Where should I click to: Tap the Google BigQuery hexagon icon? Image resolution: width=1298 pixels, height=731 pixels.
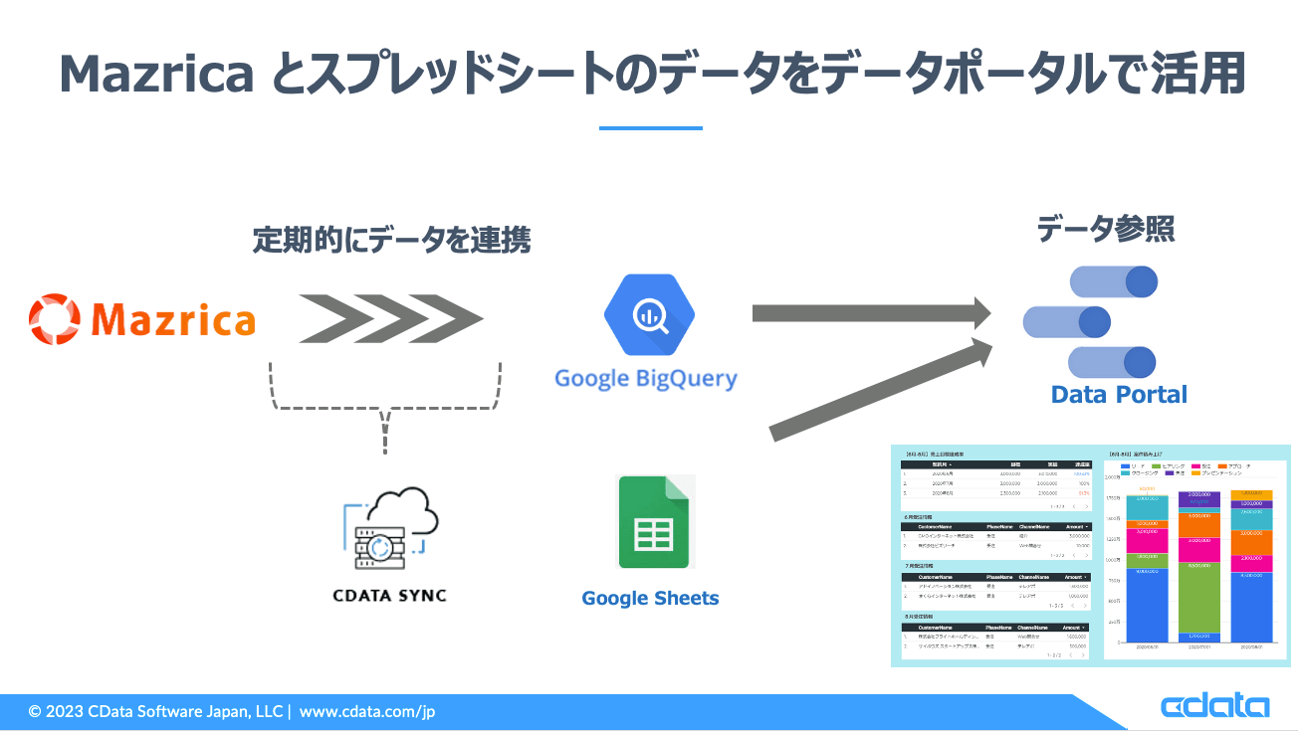tap(648, 314)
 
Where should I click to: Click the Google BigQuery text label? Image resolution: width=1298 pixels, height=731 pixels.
tap(646, 378)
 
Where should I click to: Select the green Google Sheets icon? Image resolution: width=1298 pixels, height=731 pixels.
tap(654, 522)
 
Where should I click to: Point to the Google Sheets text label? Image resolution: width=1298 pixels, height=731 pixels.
tap(650, 598)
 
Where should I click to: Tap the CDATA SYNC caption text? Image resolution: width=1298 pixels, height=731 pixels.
tap(389, 596)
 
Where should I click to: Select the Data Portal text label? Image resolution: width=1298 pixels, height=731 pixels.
tap(1119, 394)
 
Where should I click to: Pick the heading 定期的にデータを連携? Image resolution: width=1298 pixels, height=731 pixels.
tap(391, 240)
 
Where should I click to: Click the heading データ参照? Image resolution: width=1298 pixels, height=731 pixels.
tap(1106, 230)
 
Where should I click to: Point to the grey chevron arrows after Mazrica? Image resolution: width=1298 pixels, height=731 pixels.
tap(390, 318)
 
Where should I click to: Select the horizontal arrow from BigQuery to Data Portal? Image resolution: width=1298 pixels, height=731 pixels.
tap(871, 314)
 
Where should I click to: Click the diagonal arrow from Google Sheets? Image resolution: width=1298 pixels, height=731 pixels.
tap(881, 389)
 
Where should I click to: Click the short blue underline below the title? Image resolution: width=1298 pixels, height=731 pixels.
tap(650, 127)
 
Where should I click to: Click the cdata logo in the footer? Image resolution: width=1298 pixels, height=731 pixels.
tap(1214, 707)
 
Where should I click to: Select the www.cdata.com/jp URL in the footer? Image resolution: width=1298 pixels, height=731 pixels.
tap(367, 711)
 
